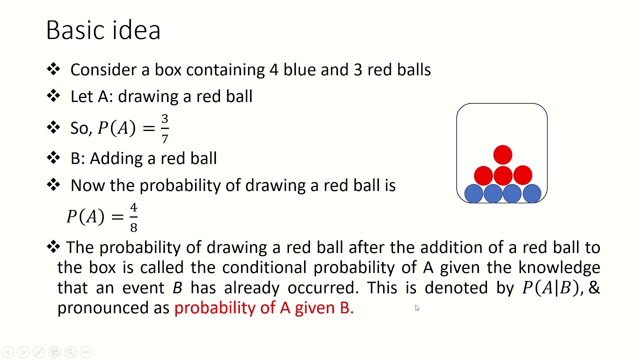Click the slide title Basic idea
click(x=103, y=30)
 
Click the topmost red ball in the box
click(x=502, y=155)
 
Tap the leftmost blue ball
click(x=473, y=193)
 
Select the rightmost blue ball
click(x=531, y=193)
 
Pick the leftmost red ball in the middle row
click(x=483, y=175)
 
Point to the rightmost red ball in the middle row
click(x=522, y=175)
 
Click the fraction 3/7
click(x=164, y=128)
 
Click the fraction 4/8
click(x=133, y=217)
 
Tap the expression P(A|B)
click(x=550, y=288)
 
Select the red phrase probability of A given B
click(x=263, y=308)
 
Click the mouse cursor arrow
click(x=417, y=308)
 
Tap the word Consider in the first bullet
click(x=103, y=70)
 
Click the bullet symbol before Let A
click(x=53, y=96)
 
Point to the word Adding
click(x=113, y=158)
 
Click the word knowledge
click(x=559, y=267)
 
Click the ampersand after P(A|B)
click(x=594, y=288)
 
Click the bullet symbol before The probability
click(x=53, y=246)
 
